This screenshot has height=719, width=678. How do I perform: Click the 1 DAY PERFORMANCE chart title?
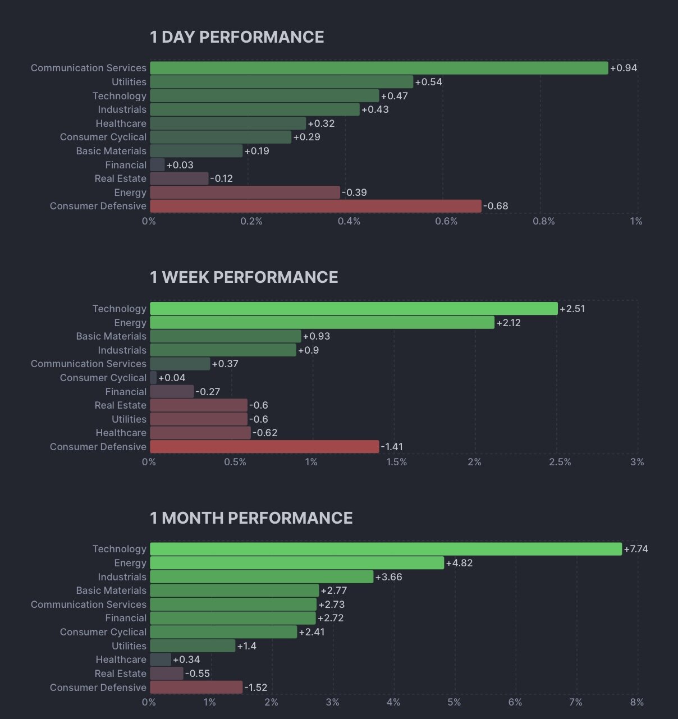[x=236, y=37]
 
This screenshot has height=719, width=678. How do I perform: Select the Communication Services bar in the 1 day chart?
[x=379, y=68]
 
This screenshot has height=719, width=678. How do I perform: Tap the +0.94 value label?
[x=623, y=68]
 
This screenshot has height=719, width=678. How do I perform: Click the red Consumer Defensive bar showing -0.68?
[x=315, y=206]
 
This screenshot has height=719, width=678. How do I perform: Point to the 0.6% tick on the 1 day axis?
[x=446, y=221]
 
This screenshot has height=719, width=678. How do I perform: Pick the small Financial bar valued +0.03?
[x=157, y=165]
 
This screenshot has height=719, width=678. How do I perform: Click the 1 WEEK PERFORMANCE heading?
[x=244, y=277]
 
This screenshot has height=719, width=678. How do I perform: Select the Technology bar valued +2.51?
[x=354, y=309]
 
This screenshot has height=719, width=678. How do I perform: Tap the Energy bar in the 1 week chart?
[x=322, y=323]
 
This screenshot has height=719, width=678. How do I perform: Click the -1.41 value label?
[x=392, y=447]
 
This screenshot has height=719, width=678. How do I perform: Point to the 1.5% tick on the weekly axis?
[x=396, y=462]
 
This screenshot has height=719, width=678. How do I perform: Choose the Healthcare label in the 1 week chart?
[x=121, y=433]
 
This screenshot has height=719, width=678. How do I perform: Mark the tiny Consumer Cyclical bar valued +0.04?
[x=153, y=378]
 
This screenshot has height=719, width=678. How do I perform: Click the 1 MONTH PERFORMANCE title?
[x=251, y=518]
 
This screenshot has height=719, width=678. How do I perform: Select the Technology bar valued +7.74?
[x=386, y=549]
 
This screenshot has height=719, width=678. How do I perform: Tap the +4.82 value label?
[x=459, y=563]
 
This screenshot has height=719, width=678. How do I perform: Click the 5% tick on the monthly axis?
[x=454, y=702]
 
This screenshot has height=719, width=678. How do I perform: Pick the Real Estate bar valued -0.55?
[x=167, y=674]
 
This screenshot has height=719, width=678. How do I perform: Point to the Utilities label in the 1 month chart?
[x=129, y=646]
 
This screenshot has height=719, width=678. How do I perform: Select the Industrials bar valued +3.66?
[x=262, y=577]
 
